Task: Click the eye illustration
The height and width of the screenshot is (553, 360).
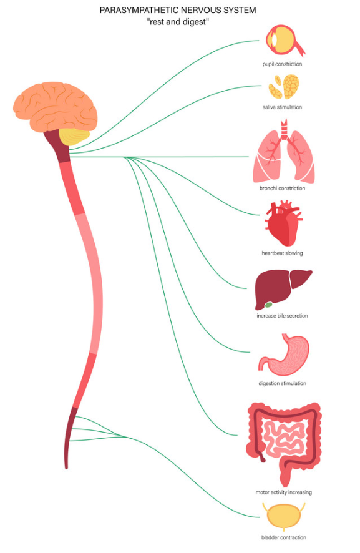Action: [285, 40]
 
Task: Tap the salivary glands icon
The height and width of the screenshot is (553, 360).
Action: [283, 86]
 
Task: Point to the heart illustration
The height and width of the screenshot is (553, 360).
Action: [283, 223]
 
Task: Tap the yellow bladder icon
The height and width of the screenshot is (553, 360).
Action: [283, 517]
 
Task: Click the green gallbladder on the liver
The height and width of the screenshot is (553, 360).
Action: [269, 305]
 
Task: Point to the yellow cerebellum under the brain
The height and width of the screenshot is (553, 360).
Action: [74, 137]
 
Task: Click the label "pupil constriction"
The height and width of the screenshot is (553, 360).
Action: [282, 64]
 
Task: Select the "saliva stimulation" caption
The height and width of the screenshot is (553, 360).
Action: [282, 107]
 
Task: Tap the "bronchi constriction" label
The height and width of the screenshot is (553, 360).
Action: [283, 188]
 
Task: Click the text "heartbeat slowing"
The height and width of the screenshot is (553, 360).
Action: [282, 253]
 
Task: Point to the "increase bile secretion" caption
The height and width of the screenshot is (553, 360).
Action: [282, 316]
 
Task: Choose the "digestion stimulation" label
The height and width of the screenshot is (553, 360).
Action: [283, 383]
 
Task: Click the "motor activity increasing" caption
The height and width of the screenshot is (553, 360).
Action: [284, 492]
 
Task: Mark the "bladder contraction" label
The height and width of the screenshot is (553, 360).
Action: [284, 537]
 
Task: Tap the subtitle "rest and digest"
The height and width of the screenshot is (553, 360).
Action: [178, 21]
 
